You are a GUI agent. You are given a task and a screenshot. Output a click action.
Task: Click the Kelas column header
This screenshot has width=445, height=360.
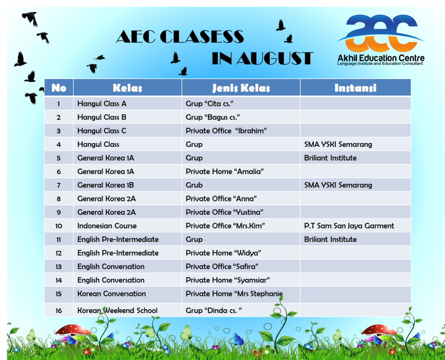click(x=127, y=88)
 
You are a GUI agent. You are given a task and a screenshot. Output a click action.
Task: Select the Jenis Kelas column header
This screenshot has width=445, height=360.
click(x=241, y=88)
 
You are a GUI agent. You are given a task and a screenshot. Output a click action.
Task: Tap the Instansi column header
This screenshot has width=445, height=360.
click(x=355, y=88)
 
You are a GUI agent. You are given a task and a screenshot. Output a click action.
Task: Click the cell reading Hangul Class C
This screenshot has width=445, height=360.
click(x=102, y=131)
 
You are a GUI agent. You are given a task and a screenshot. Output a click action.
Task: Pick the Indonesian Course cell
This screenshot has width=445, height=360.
click(x=107, y=226)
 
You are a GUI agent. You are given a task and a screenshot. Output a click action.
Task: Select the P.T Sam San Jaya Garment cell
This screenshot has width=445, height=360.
click(x=349, y=226)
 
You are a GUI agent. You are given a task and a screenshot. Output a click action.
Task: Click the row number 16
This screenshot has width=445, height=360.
click(x=58, y=310)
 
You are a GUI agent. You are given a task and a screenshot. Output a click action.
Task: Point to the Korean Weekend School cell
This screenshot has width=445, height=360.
click(x=117, y=310)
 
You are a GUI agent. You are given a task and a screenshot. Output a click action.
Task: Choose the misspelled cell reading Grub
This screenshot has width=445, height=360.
click(x=194, y=185)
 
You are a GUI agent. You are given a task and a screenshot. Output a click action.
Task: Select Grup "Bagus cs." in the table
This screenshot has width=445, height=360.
click(x=213, y=117)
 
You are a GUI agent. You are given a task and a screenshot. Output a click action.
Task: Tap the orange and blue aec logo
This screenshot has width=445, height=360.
click(x=380, y=31)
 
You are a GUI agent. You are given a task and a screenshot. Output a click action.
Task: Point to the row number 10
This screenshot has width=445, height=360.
click(x=58, y=226)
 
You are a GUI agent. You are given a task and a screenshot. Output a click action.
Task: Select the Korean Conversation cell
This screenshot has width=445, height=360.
click(x=111, y=294)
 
